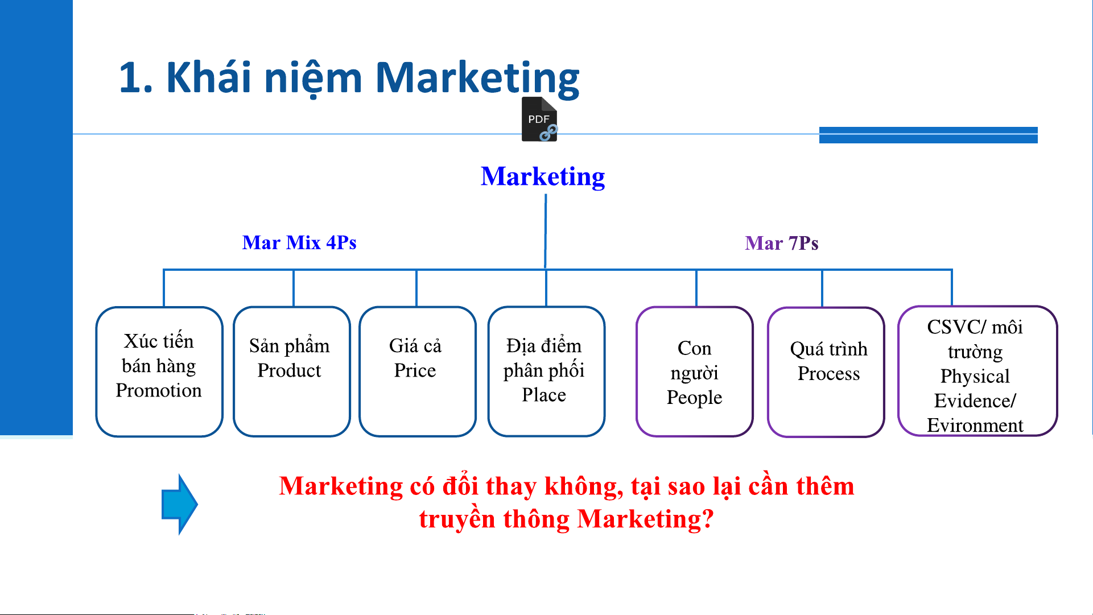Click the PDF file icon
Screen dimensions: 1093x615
pyautogui.click(x=539, y=119)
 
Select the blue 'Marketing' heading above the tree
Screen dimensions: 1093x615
pyautogui.click(x=543, y=176)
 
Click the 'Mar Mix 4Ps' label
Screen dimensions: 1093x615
pyautogui.click(x=299, y=242)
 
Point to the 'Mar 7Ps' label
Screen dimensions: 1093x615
pyautogui.click(x=782, y=243)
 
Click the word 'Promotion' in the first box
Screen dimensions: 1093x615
pyautogui.click(x=159, y=390)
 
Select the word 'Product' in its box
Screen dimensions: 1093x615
pyautogui.click(x=289, y=370)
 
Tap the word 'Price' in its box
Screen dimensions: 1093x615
pyautogui.click(x=415, y=370)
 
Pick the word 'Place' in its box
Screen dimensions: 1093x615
pyautogui.click(x=544, y=395)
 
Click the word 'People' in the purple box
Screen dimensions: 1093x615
pyautogui.click(x=694, y=397)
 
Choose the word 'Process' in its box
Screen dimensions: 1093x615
pyautogui.click(x=828, y=373)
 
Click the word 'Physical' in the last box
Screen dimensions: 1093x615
pyautogui.click(x=975, y=376)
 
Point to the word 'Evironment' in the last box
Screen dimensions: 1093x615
pyautogui.click(x=975, y=425)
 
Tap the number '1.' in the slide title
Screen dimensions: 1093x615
pyautogui.click(x=136, y=77)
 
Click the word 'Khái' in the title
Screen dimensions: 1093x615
pyautogui.click(x=208, y=76)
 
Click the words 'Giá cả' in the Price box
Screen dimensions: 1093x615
pyautogui.click(x=415, y=345)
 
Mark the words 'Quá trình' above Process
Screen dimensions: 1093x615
pyautogui.click(x=828, y=349)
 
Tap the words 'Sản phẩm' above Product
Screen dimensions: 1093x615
pyautogui.click(x=289, y=345)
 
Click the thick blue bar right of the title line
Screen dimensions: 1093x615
pyautogui.click(x=928, y=135)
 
